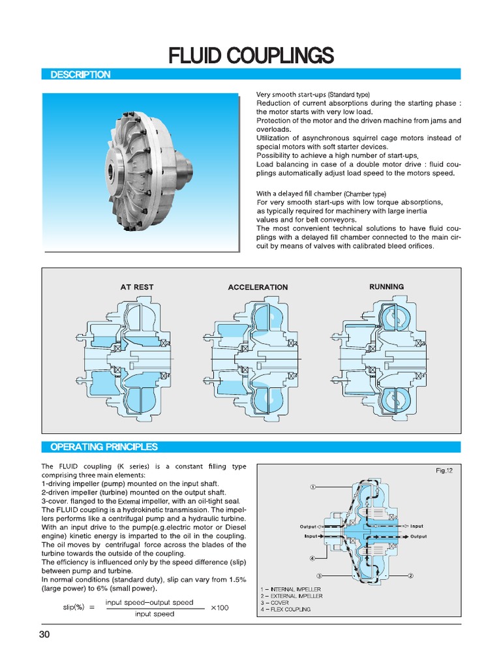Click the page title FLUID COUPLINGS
251,55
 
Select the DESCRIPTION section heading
80,75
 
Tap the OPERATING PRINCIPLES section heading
104,447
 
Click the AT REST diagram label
137,287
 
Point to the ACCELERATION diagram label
258,287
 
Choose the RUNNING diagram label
386,286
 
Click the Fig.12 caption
444,470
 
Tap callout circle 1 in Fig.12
313,487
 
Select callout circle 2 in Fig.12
411,575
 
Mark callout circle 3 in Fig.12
320,575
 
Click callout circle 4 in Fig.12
313,558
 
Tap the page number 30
45,636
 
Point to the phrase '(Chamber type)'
365,194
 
